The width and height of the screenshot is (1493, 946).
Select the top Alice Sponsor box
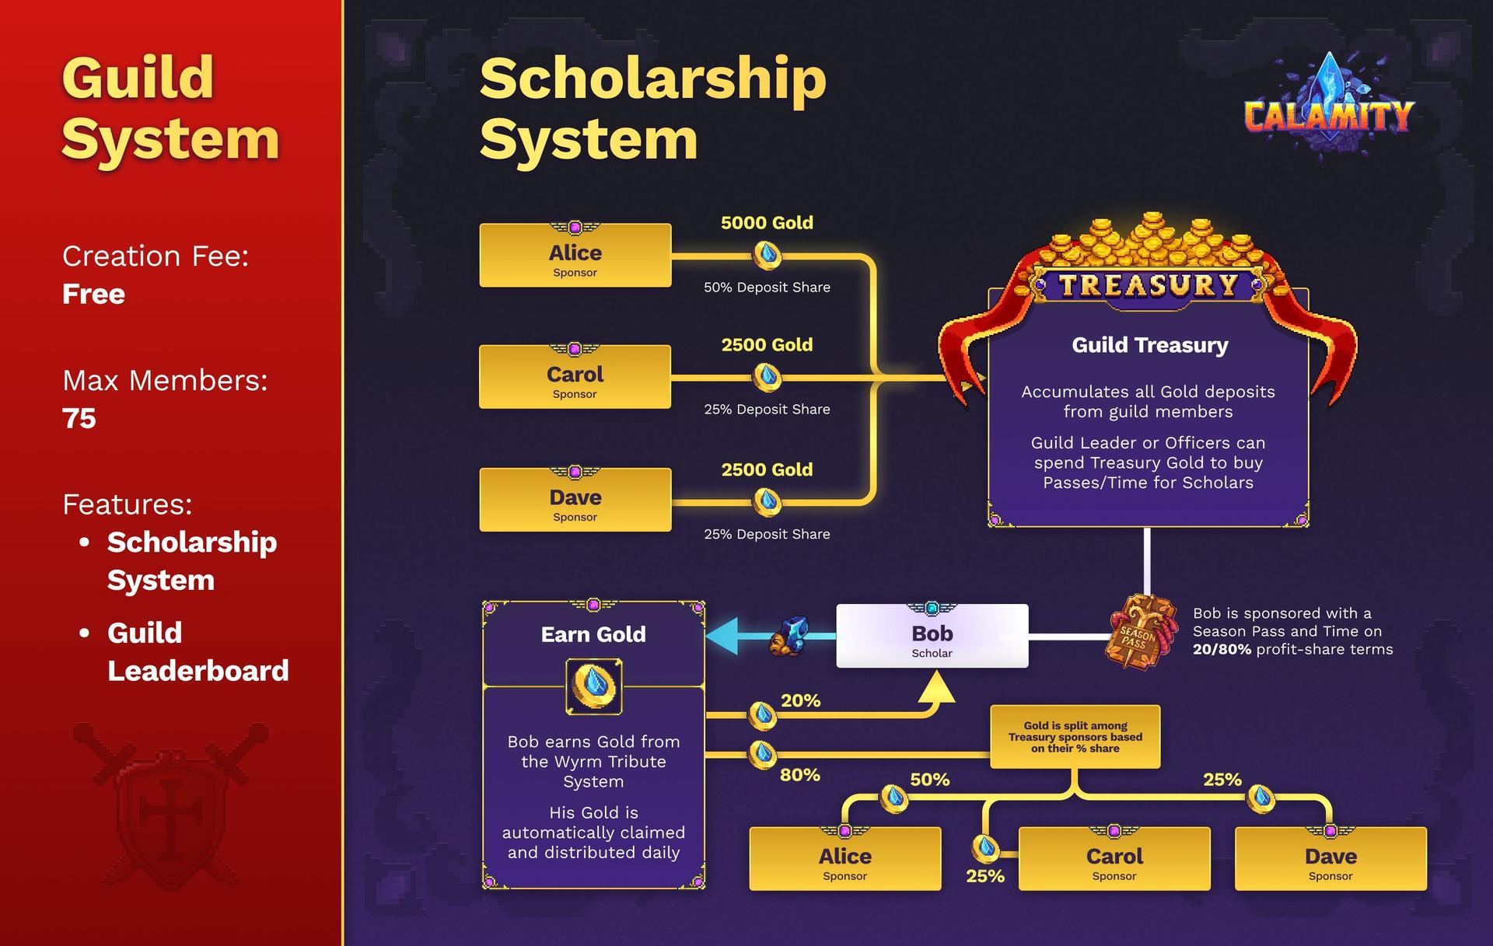click(x=575, y=256)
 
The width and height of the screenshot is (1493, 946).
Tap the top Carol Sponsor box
click(x=575, y=377)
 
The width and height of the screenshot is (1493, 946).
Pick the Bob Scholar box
click(x=932, y=636)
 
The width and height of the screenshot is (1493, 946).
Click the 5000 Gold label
click(x=767, y=223)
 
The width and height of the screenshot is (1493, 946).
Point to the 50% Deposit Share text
click(x=767, y=288)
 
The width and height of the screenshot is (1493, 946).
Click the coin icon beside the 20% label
click(x=762, y=714)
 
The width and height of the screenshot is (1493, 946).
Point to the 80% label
click(x=799, y=775)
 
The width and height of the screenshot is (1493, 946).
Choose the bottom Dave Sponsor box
click(x=1330, y=859)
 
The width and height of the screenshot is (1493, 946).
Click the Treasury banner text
click(x=1149, y=285)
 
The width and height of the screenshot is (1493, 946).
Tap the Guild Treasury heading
click(x=1149, y=345)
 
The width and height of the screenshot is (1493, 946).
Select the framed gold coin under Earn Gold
click(x=593, y=686)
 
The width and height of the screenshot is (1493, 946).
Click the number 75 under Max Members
click(x=79, y=419)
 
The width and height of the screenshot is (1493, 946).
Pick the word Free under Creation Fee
click(x=93, y=295)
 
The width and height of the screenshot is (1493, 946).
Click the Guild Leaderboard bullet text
click(x=198, y=651)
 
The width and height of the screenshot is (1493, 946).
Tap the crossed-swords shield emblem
click(x=171, y=805)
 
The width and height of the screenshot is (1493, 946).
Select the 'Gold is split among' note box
click(x=1075, y=737)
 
